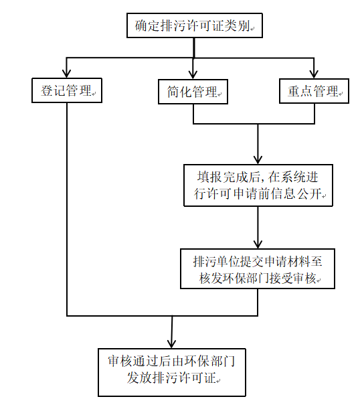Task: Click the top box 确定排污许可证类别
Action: [195, 25]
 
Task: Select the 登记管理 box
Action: [67, 90]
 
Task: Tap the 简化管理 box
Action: [193, 92]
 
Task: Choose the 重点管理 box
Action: [314, 91]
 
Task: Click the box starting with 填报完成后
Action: [258, 185]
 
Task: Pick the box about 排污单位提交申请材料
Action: [258, 268]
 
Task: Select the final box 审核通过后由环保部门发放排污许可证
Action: [172, 372]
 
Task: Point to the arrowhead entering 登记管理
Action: [67, 74]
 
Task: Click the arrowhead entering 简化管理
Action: [193, 75]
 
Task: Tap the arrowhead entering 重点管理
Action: [314, 74]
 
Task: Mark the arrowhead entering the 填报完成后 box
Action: [258, 160]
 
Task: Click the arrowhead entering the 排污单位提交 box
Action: [258, 244]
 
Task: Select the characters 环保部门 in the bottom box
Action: [210, 361]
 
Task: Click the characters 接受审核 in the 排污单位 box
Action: [292, 278]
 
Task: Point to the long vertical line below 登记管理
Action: [67, 210]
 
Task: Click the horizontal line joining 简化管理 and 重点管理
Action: [254, 124]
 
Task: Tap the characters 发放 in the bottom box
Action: [139, 378]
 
